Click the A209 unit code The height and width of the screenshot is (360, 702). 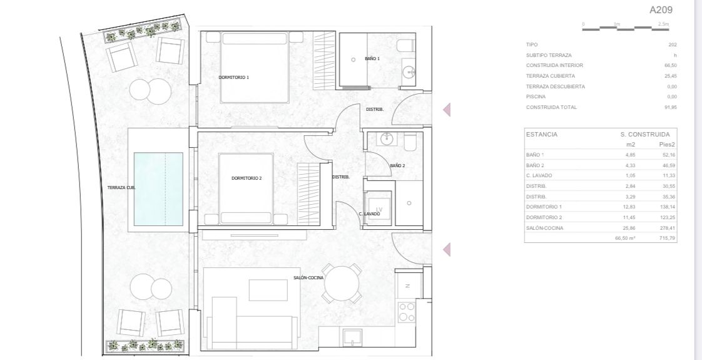[662, 10]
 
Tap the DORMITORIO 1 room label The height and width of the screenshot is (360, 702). [233, 78]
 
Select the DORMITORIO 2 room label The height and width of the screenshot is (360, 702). [246, 178]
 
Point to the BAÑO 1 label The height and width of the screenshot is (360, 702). [372, 59]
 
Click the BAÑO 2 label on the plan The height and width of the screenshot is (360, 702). [397, 166]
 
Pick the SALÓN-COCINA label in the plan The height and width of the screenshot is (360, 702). [308, 278]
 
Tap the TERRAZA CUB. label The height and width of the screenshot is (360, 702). [121, 187]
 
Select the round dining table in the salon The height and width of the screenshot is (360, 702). [343, 285]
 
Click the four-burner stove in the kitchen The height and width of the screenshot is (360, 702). [407, 311]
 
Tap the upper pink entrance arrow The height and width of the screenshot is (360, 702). [447, 110]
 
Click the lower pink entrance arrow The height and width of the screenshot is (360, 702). [447, 250]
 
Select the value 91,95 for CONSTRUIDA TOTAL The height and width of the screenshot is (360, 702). [670, 107]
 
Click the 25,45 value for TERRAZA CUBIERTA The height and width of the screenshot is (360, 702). [670, 76]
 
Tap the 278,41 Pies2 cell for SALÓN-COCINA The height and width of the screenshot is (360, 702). [668, 228]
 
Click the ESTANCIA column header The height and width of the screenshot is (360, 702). [542, 135]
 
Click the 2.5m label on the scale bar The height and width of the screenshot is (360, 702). [663, 24]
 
